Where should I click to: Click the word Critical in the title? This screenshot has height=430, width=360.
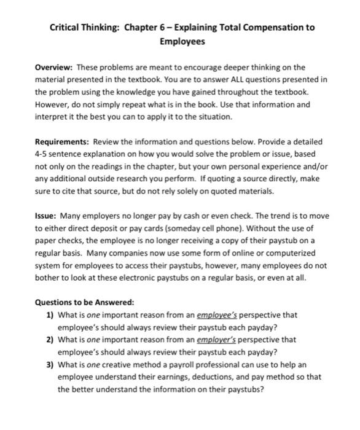[x=66, y=28]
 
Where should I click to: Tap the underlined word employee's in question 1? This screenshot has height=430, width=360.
[x=214, y=315]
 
